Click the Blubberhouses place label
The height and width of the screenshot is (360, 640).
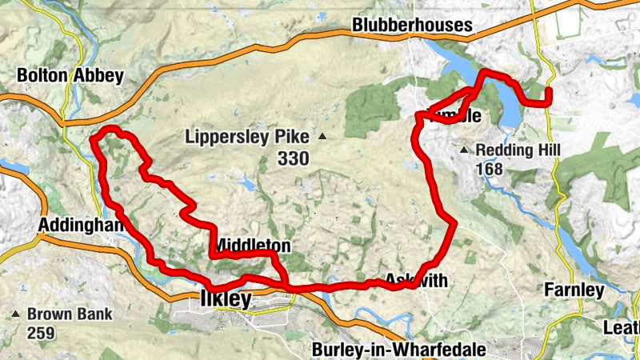click(412, 26)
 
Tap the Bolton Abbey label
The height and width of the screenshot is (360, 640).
click(70, 76)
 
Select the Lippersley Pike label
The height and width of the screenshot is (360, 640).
click(246, 136)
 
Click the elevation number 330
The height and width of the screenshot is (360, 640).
click(293, 159)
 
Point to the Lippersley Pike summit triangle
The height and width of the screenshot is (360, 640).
click(322, 137)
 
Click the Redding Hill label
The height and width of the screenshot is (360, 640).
click(518, 150)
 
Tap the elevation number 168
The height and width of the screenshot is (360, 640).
click(488, 169)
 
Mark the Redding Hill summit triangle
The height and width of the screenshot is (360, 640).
click(464, 150)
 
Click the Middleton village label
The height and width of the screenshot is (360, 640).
click(250, 245)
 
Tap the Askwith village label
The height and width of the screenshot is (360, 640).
click(415, 280)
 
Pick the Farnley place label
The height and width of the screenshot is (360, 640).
click(574, 290)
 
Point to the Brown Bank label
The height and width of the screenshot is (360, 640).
click(70, 314)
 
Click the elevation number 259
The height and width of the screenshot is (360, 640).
click(40, 332)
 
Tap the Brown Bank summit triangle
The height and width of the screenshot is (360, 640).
click(15, 314)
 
